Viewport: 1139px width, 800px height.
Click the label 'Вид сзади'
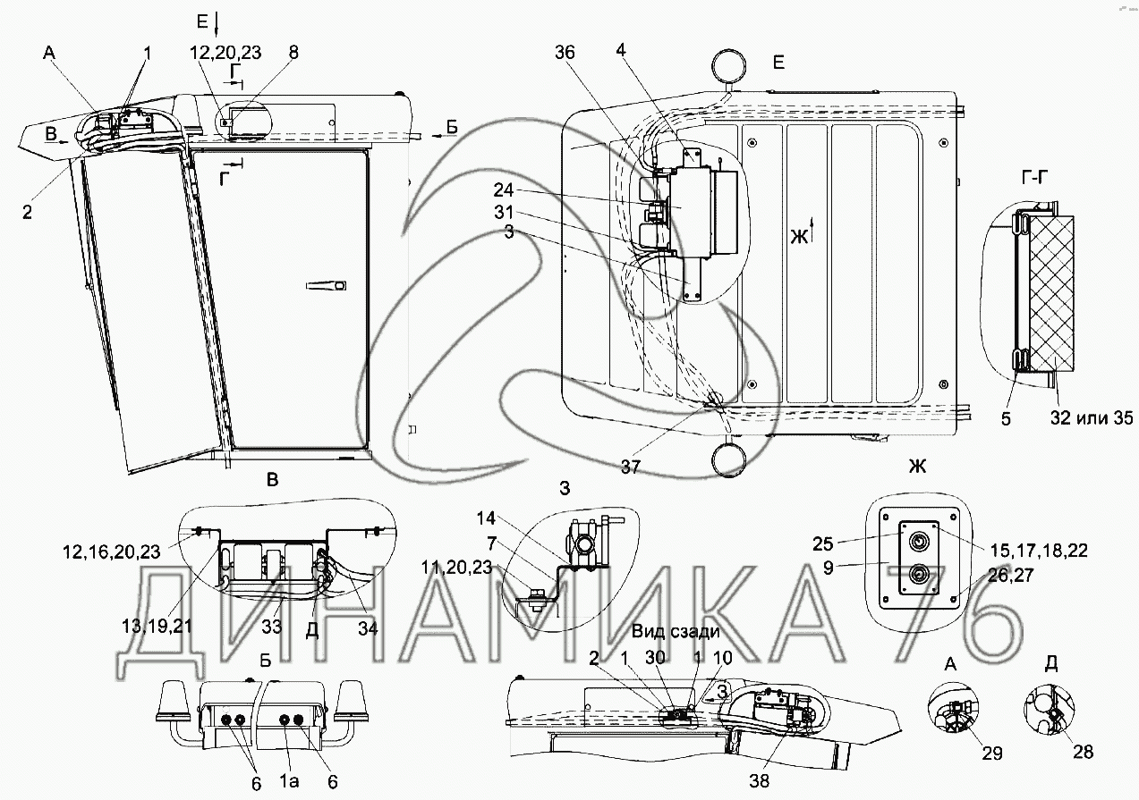point(676,632)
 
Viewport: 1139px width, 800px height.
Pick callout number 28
point(1083,752)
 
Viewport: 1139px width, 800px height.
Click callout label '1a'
point(288,782)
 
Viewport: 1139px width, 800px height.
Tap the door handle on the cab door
point(326,285)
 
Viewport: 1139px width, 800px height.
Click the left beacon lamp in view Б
point(171,701)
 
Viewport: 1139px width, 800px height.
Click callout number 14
point(485,518)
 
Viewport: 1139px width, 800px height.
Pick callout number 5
point(1007,417)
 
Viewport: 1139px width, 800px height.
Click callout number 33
point(272,627)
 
